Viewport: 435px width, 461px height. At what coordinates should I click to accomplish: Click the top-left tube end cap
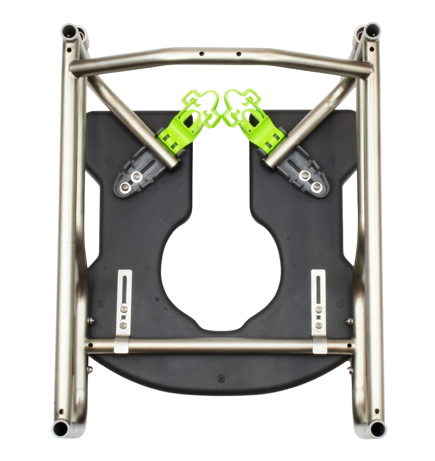click(69, 31)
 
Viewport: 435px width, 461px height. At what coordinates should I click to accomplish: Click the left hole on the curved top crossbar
click(201, 54)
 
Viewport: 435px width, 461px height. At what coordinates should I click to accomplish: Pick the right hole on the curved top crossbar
click(238, 54)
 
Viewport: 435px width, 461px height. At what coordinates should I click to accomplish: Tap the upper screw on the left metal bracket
click(125, 309)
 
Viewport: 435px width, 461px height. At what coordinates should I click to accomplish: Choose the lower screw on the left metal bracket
click(125, 325)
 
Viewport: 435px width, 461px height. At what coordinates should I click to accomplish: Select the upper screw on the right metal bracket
click(319, 309)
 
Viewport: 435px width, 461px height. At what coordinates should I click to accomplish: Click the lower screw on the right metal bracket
click(319, 325)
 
